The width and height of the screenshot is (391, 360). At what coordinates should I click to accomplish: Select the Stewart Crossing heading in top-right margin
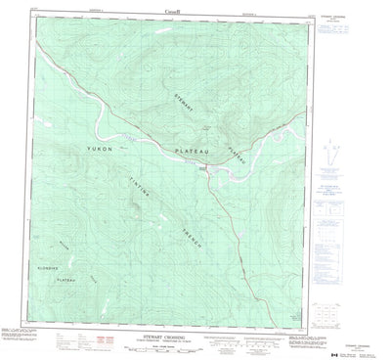point(352,26)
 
